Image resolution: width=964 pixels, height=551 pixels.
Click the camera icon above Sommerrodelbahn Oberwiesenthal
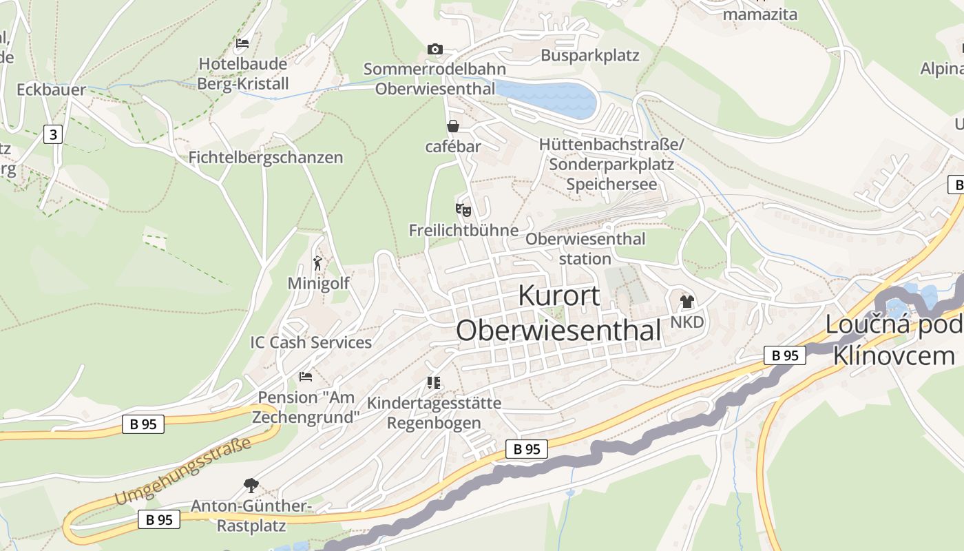tap(434, 49)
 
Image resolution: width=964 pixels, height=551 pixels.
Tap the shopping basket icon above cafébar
tap(453, 126)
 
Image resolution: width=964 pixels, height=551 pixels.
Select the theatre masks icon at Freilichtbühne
tap(463, 209)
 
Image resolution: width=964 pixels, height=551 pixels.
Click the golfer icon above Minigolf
tap(317, 263)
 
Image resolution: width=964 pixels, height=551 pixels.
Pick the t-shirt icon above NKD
tap(687, 301)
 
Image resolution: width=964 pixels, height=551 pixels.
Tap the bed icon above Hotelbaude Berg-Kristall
tap(242, 43)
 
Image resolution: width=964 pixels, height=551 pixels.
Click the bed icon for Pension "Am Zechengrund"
tap(306, 377)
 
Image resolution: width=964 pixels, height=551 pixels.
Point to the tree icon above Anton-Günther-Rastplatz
tap(251, 486)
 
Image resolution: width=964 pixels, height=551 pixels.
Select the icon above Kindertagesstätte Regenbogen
tap(434, 382)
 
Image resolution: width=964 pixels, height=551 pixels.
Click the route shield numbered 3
tap(52, 134)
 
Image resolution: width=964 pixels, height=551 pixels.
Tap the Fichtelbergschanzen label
tap(266, 158)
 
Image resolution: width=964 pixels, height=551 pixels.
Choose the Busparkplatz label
tap(590, 56)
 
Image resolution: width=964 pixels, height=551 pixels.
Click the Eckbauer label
tap(51, 90)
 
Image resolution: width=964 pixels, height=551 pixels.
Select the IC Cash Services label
tap(311, 342)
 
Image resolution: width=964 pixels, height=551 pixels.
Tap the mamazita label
tap(760, 14)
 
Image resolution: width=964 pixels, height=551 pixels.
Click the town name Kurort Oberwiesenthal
tap(558, 313)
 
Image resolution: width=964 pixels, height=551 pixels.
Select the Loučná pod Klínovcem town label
tap(894, 340)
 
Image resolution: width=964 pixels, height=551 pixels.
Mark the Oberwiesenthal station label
tap(585, 249)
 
